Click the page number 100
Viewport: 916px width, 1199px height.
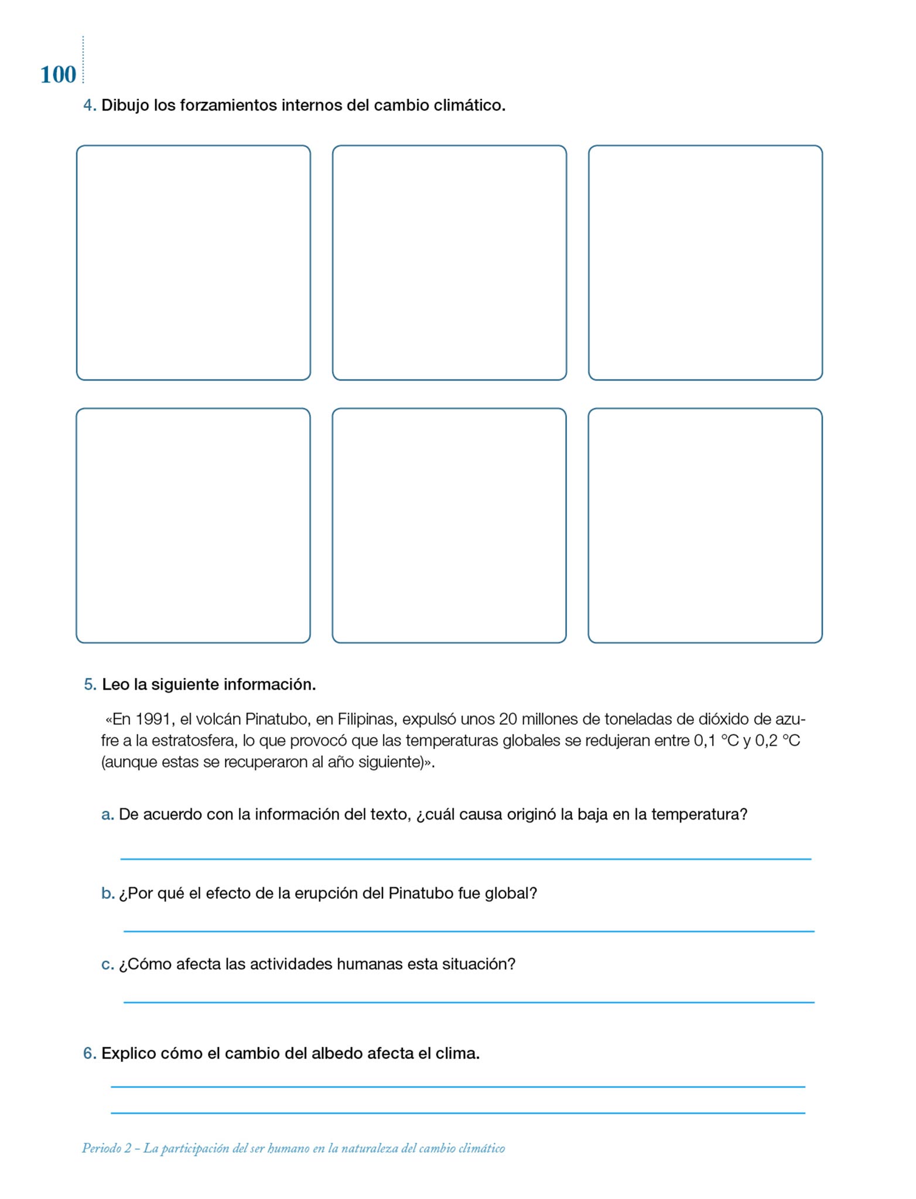(x=58, y=75)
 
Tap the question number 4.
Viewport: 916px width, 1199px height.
(x=89, y=105)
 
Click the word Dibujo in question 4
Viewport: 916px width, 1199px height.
(x=125, y=105)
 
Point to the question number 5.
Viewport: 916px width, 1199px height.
(x=90, y=684)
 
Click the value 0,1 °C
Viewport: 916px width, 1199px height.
(x=716, y=741)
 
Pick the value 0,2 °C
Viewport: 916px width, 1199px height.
(x=777, y=741)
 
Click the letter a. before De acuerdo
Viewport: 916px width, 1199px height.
(x=107, y=814)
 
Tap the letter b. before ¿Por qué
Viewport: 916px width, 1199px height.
(x=107, y=893)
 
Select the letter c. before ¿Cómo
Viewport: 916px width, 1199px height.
(x=107, y=964)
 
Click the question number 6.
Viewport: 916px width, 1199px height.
(x=89, y=1053)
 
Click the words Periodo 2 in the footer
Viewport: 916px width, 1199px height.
(x=107, y=1149)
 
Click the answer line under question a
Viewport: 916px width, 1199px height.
(x=466, y=859)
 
